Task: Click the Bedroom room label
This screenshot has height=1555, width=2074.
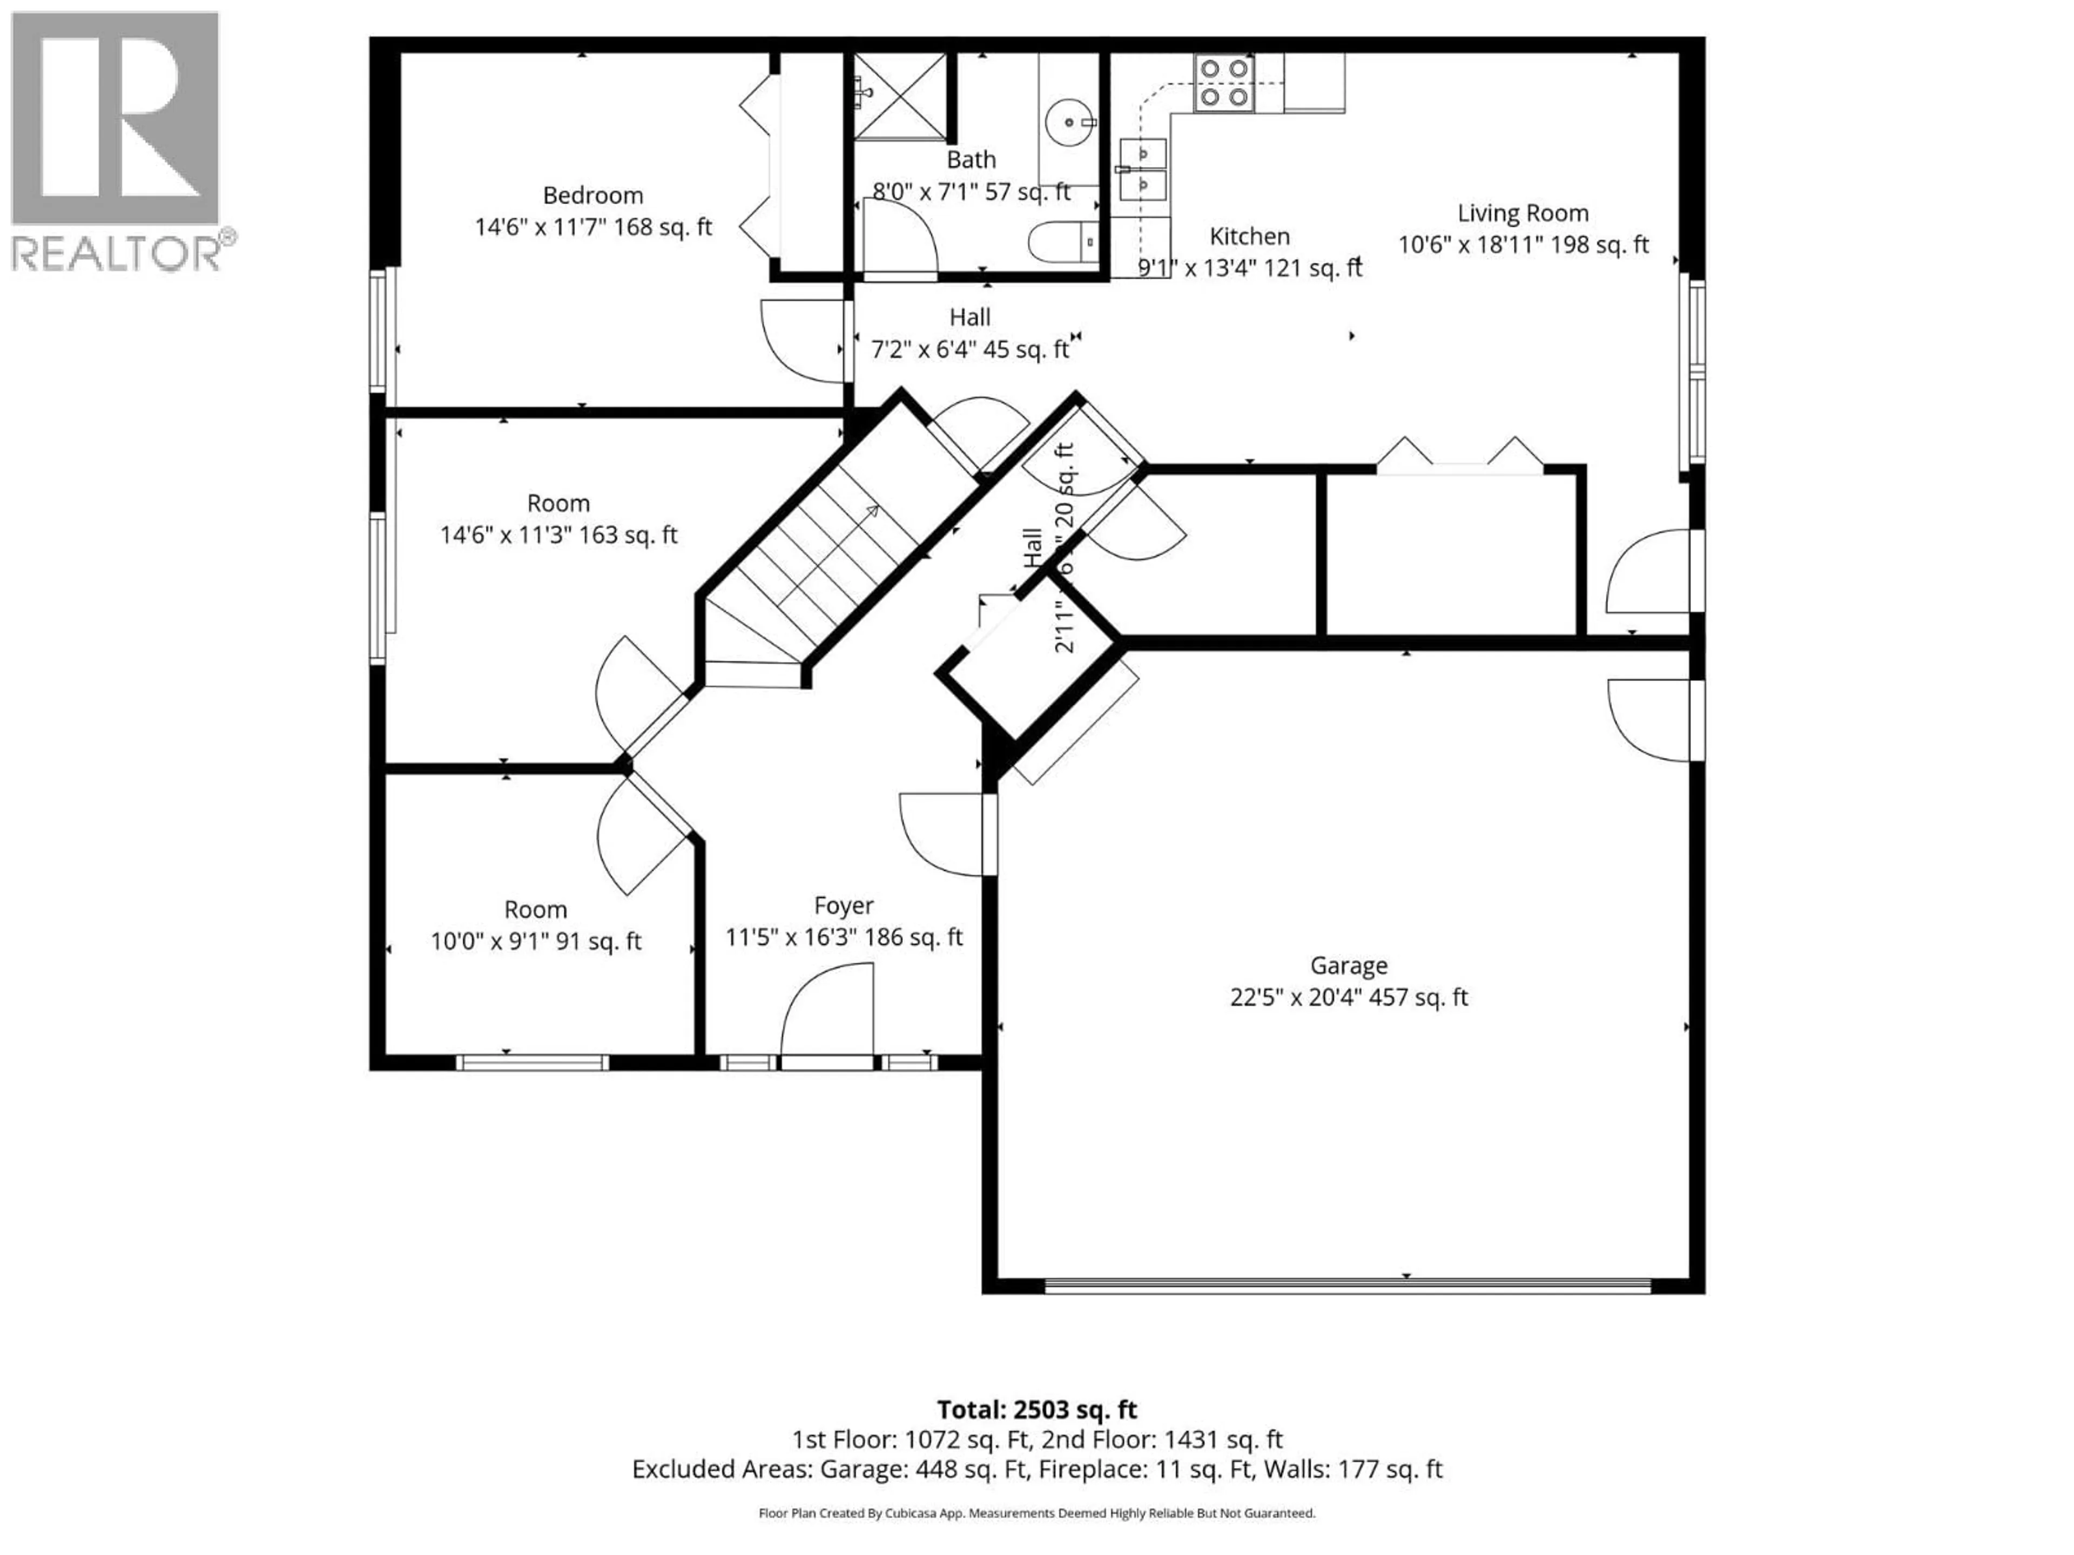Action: pos(592,196)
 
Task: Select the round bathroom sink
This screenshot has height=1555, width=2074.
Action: pos(1069,123)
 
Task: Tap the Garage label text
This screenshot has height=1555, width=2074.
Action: pos(1348,965)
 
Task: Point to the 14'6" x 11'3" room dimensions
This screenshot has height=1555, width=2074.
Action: pos(559,535)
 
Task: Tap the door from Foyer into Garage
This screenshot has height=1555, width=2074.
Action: pos(942,834)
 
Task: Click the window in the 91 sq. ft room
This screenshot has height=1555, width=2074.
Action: pos(531,1062)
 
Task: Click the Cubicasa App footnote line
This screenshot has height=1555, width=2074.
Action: pos(1036,1513)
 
